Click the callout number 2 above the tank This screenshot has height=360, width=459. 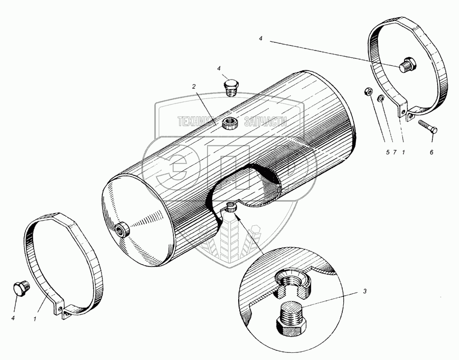point(194,87)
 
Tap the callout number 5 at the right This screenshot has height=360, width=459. point(387,152)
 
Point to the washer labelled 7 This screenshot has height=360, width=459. point(380,98)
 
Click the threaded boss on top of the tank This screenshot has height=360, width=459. point(230,122)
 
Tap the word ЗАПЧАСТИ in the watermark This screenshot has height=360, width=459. point(266,122)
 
